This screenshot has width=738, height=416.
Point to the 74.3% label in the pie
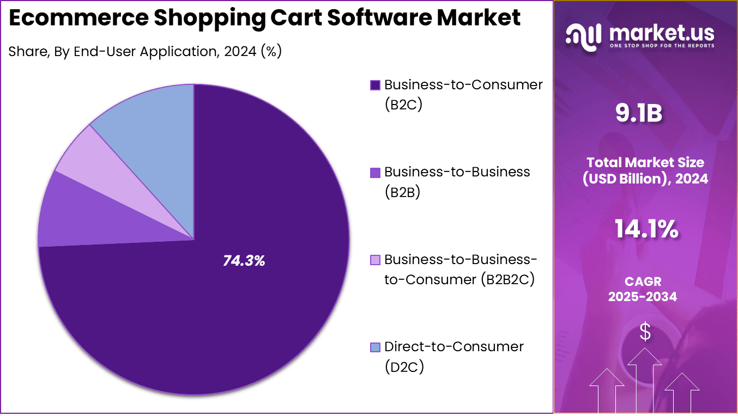pos(244,261)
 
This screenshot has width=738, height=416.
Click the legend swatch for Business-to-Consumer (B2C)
pos(375,85)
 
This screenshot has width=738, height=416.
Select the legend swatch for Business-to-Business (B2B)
pos(375,173)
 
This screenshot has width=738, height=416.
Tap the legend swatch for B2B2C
pos(375,260)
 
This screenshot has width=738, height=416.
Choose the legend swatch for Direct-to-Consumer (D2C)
pos(375,347)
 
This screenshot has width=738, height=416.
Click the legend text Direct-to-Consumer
pos(453,347)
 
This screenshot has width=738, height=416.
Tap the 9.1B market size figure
pos(638,114)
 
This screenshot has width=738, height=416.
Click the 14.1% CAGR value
pos(646,229)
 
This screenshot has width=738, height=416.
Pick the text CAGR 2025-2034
pos(643,289)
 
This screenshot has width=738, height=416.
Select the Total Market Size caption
pos(645,170)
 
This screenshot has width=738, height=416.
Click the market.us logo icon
pos(584,35)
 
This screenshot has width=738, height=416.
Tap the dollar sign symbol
pos(645,332)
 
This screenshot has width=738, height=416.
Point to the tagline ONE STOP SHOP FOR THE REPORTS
pos(662,46)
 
